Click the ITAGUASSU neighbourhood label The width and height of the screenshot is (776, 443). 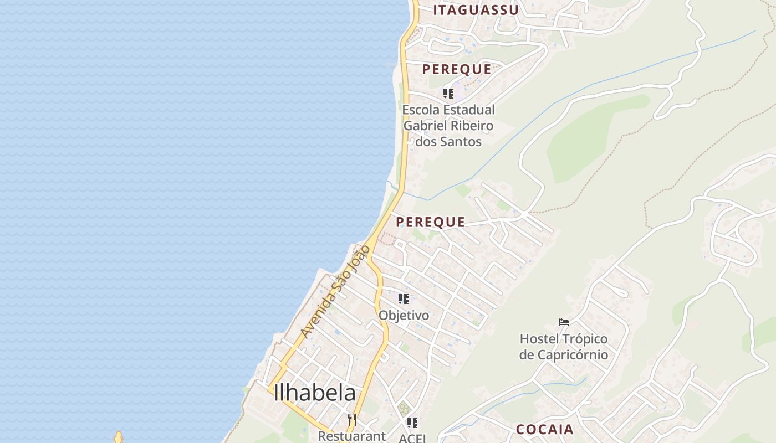pos(476,10)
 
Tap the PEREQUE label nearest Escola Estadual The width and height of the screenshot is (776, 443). pos(457,69)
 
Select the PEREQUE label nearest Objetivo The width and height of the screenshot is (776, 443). pos(430,222)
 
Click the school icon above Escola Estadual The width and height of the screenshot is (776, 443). pos(448,93)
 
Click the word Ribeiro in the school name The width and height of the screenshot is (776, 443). pos(472,126)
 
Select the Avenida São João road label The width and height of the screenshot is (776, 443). pos(334,292)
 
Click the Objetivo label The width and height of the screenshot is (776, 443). pos(404,315)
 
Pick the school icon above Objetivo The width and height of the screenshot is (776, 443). pos(404,299)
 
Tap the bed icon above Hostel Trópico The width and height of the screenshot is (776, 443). pos(564,322)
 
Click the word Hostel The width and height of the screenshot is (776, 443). pos(539,339)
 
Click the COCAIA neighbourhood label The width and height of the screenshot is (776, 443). pos(545,430)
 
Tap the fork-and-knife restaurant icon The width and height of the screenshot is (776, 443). pos(351,419)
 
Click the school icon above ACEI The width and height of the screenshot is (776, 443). pos(412,423)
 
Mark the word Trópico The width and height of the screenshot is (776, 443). pos(584,339)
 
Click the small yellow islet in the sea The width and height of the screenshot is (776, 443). pos(118,437)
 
